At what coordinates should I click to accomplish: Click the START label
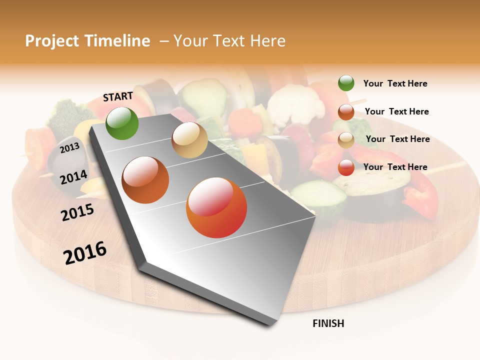(118, 96)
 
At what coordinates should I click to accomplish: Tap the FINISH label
(328, 323)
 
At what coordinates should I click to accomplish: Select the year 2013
(69, 147)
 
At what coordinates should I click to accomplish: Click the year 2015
(77, 212)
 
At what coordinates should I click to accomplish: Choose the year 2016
(85, 252)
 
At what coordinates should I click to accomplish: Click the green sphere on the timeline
(122, 123)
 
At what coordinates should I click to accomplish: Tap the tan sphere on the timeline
(189, 140)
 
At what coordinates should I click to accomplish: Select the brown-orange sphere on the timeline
(145, 180)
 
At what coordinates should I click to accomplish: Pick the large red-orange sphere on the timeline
(216, 207)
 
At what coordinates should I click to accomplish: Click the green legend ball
(346, 83)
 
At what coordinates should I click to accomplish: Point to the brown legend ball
(346, 112)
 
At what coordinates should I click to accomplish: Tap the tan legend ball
(346, 140)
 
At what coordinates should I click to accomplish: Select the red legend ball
(346, 167)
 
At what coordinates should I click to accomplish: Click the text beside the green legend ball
(395, 84)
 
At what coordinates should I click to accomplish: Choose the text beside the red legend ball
(395, 167)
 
